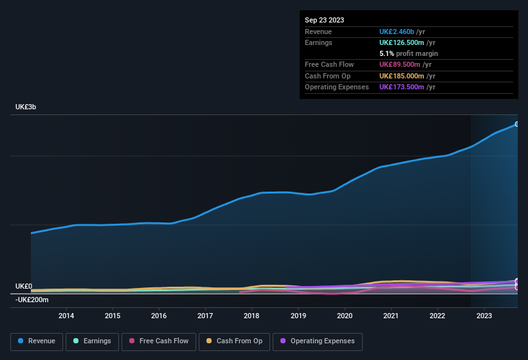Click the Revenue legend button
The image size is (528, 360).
(37, 341)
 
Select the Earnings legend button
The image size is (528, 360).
(92, 341)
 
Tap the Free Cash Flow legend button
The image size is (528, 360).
(159, 341)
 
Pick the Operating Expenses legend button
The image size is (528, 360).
(318, 341)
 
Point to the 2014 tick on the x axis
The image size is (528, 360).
(66, 316)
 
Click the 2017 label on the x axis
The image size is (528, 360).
(205, 316)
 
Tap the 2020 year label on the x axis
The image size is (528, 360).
(345, 316)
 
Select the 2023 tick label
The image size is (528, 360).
(484, 316)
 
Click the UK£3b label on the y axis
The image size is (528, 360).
(26, 107)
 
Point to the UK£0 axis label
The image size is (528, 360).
(24, 286)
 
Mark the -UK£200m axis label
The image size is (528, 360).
(32, 300)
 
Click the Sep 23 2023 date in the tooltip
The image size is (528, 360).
(324, 20)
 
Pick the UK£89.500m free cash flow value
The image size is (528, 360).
(399, 64)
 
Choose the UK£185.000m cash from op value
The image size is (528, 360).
(401, 76)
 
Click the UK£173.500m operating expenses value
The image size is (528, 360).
(401, 87)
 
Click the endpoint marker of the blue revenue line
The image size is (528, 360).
(516, 124)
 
